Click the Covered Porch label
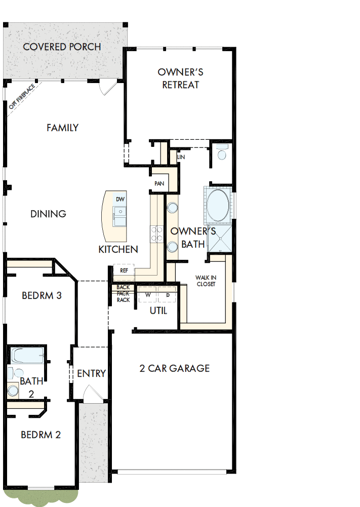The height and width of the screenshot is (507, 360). tap(62, 47)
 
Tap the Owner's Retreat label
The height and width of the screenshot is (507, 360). tap(181, 79)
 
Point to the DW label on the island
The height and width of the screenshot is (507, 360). tap(120, 199)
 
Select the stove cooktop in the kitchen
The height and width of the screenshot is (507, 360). tap(156, 233)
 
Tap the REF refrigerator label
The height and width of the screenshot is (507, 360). tap(124, 270)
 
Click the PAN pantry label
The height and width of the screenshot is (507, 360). tap(158, 183)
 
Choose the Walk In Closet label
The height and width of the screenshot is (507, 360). tap(206, 281)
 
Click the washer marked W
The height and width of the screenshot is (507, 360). tap(148, 294)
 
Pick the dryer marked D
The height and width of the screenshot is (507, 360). tap(167, 294)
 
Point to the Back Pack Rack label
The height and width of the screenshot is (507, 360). tap(123, 294)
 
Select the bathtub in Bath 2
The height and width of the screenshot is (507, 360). tap(28, 356)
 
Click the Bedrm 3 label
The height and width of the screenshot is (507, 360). tap(42, 295)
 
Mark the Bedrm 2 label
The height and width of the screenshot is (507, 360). tap(41, 435)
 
